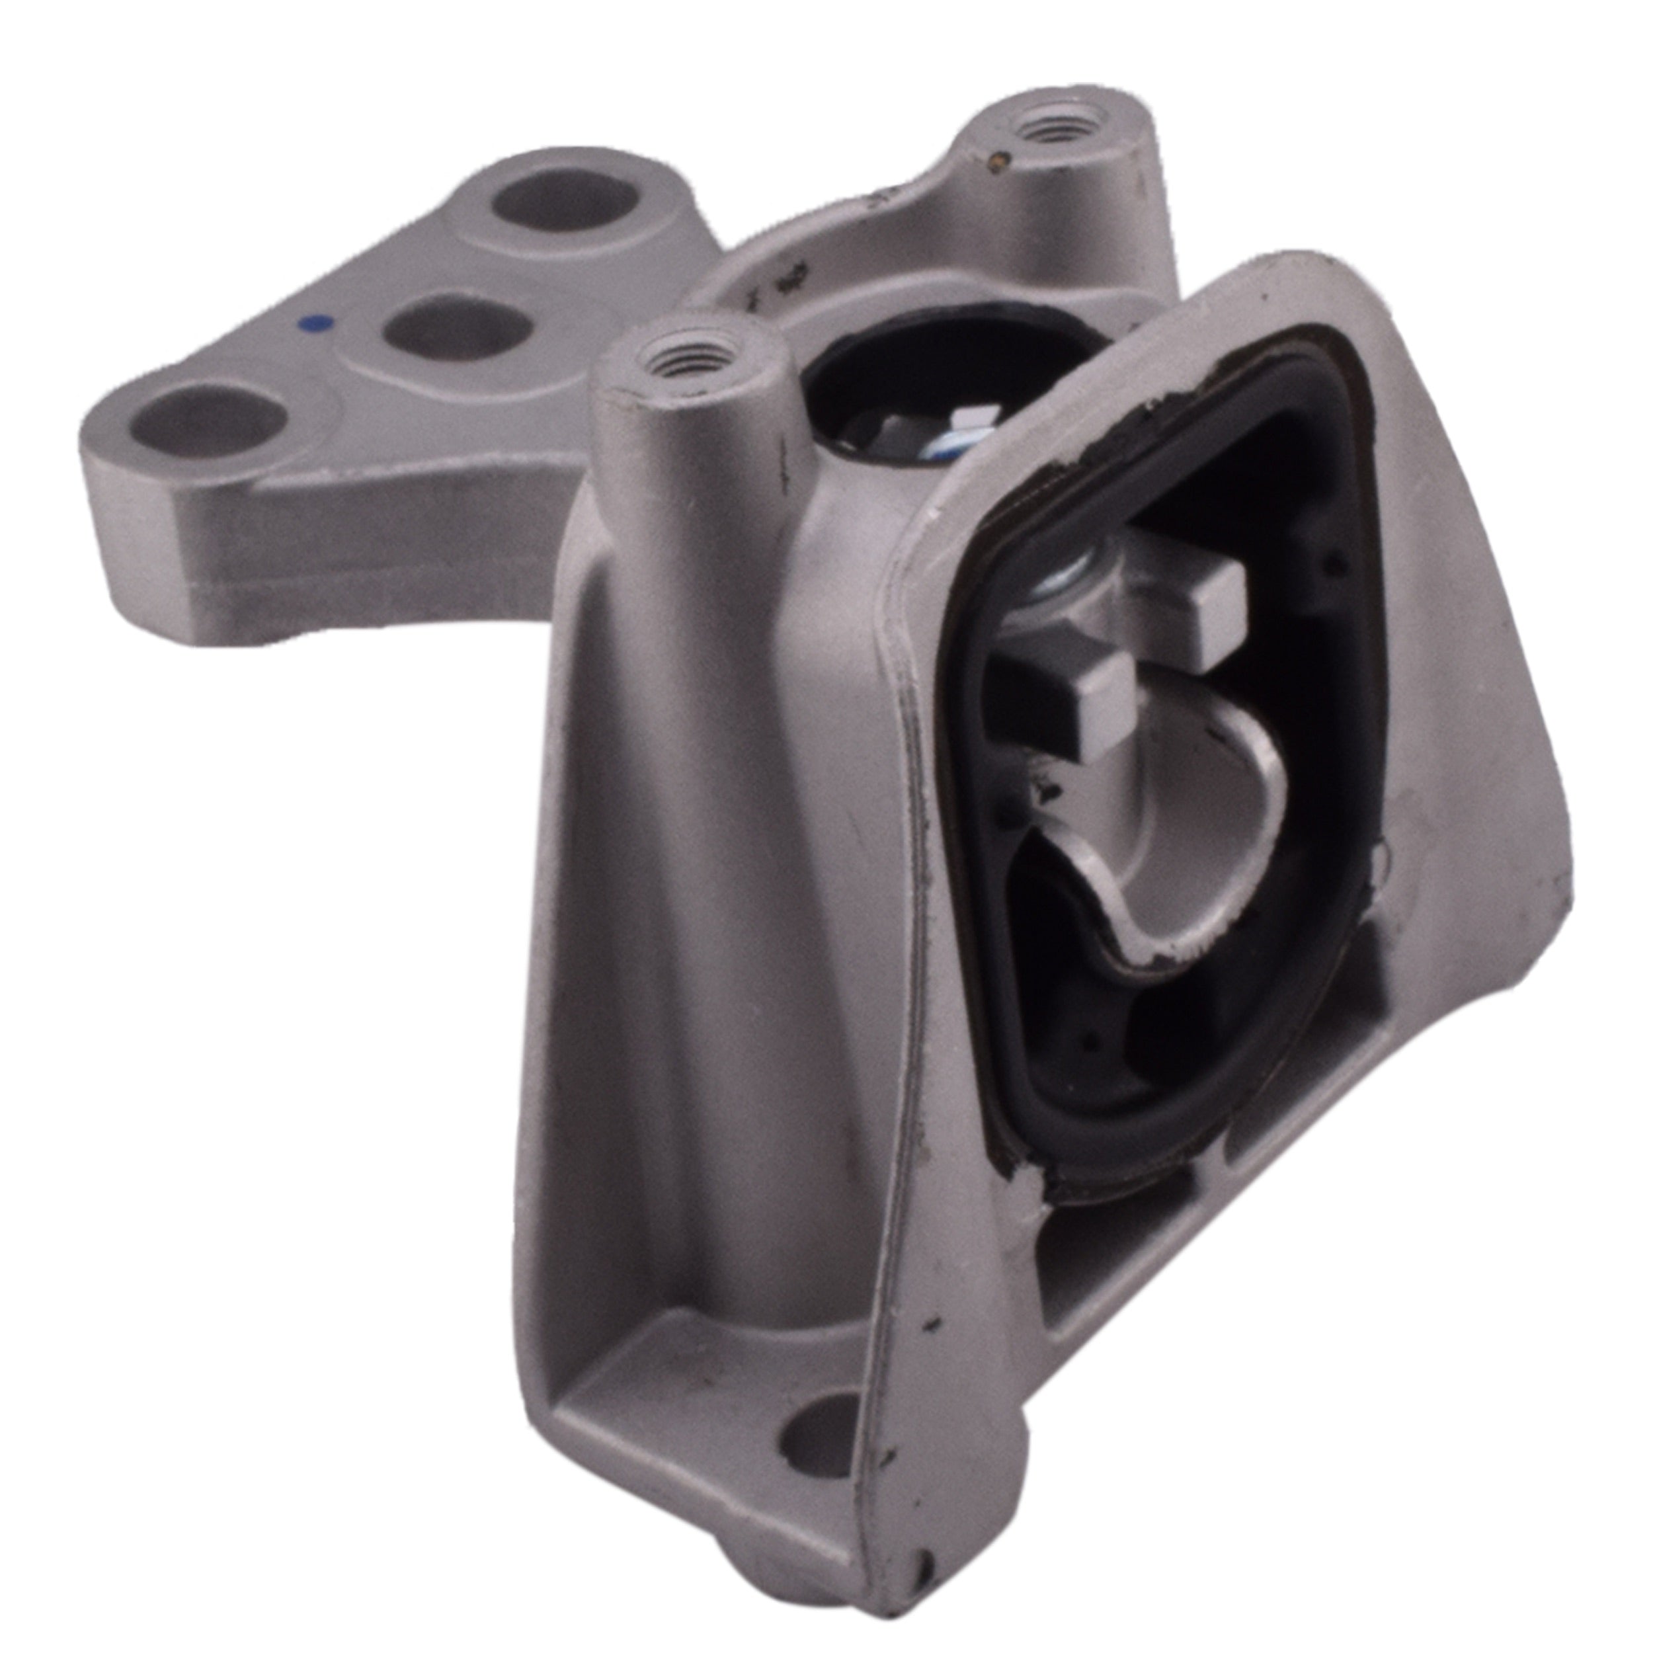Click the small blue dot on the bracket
314,323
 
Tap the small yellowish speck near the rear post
997,157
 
